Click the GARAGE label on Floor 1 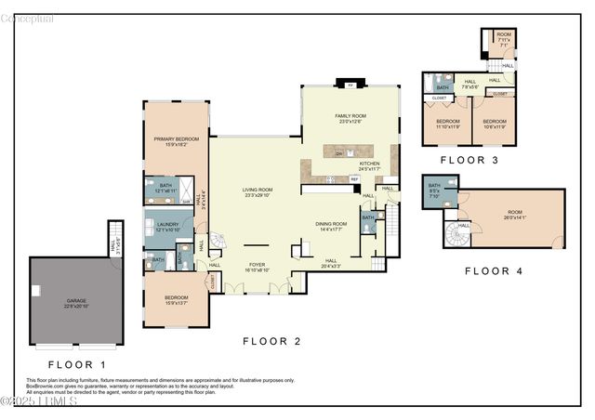(x=75, y=303)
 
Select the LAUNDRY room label (x=168, y=226)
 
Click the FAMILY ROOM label (x=352, y=117)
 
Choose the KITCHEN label (x=370, y=165)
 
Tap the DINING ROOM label (x=331, y=225)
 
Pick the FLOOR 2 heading (x=272, y=341)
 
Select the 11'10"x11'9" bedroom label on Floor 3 (x=448, y=124)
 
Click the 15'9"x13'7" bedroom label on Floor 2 (x=176, y=300)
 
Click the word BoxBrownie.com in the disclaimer (x=46, y=386)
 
